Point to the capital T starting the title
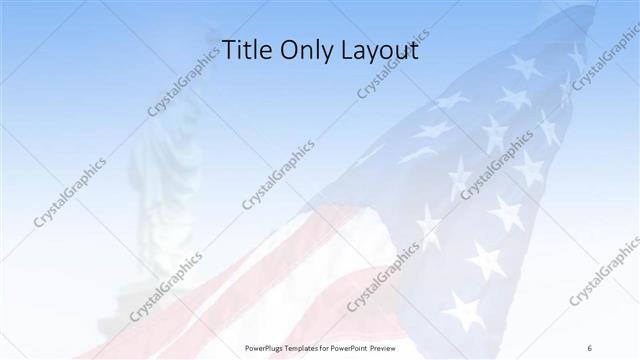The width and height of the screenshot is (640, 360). (x=226, y=50)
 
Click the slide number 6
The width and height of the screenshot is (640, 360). (x=589, y=347)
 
